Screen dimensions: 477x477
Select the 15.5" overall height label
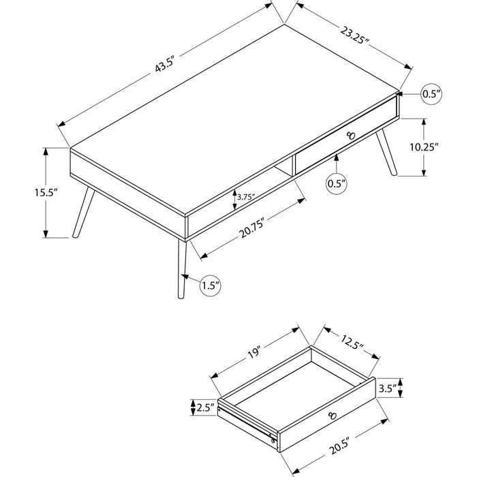pyautogui.click(x=46, y=193)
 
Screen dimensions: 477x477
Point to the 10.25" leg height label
pyautogui.click(x=424, y=147)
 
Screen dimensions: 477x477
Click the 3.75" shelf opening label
pyautogui.click(x=246, y=197)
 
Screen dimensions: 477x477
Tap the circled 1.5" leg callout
pyautogui.click(x=210, y=286)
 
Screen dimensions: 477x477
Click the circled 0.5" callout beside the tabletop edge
pyautogui.click(x=431, y=94)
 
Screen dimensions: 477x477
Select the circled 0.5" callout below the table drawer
pyautogui.click(x=337, y=183)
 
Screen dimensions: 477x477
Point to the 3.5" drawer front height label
pyautogui.click(x=388, y=388)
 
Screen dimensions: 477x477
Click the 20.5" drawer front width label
pyautogui.click(x=339, y=446)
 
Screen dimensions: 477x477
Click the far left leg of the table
pyautogui.click(x=84, y=212)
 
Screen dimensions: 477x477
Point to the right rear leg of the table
pyautogui.click(x=386, y=153)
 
